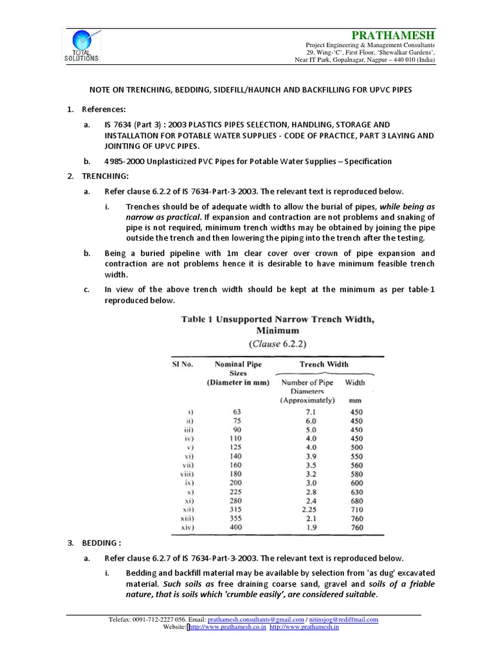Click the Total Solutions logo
coord(82,46)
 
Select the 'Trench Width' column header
coord(324,364)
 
